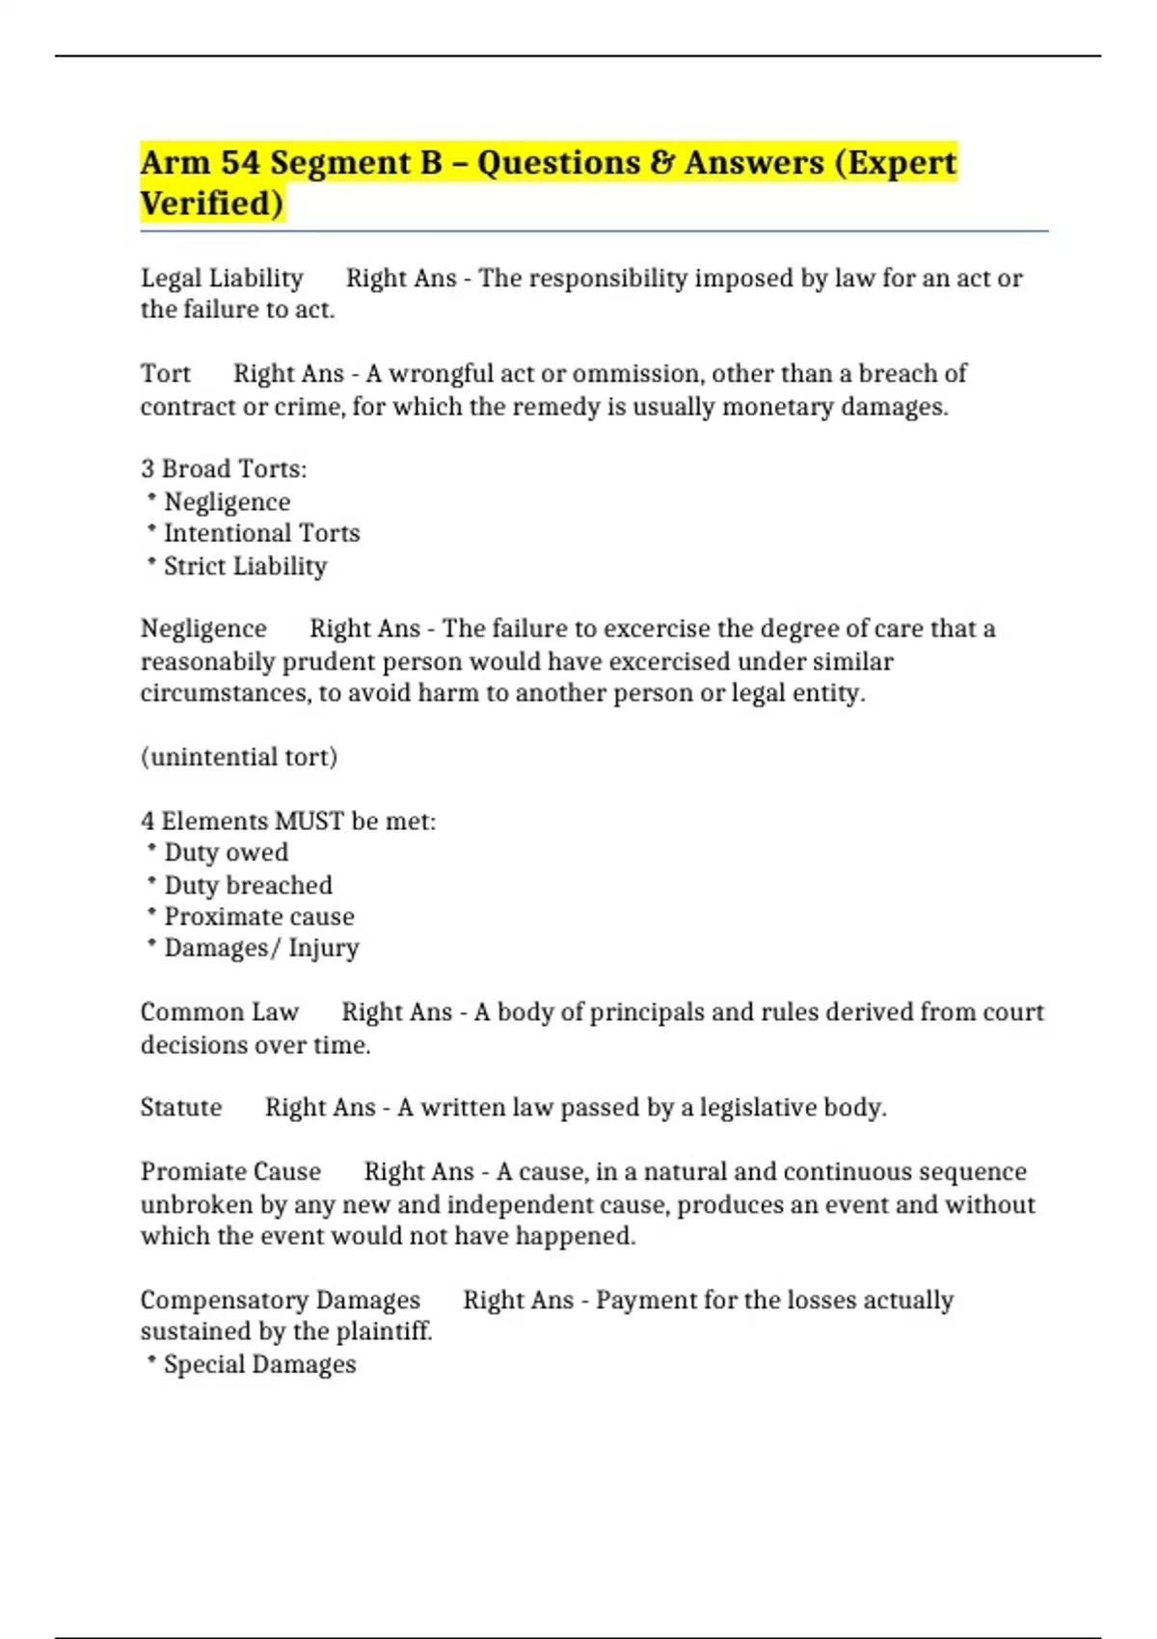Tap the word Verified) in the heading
pos(212,203)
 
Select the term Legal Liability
pos(222,278)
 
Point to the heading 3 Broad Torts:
pos(224,469)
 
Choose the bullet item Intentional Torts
pos(261,533)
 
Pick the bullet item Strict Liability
pos(245,566)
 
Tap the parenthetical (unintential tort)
pos(239,757)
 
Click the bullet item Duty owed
pos(226,852)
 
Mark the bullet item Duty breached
pos(248,885)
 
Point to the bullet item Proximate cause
pos(258,916)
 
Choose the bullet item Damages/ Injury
pos(261,948)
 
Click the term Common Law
pos(220,1012)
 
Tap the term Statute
pos(181,1107)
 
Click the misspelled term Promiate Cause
pos(230,1171)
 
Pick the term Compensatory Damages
pos(281,1300)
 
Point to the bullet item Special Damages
pos(259,1364)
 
